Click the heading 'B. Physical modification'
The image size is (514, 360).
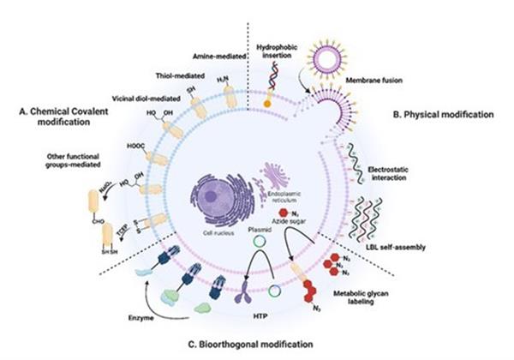click(x=443, y=113)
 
